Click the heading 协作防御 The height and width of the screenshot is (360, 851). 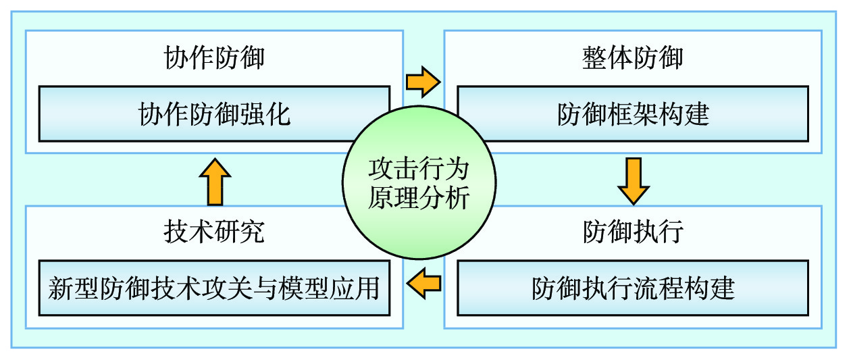tap(214, 58)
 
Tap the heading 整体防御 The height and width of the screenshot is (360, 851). tap(633, 58)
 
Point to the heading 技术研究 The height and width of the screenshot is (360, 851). tap(214, 232)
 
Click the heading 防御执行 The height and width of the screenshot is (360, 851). tap(633, 232)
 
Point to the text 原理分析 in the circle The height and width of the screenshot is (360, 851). tap(418, 199)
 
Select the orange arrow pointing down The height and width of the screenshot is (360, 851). tap(633, 181)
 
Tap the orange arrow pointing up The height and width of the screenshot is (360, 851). tap(215, 181)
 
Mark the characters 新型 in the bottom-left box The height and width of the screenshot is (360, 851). tap(74, 288)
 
